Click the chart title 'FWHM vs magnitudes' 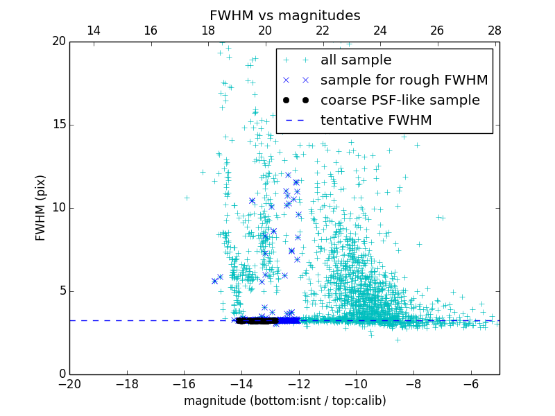click(x=284, y=15)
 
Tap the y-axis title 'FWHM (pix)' click(x=41, y=208)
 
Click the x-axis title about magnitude click(x=284, y=401)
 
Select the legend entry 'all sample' click(x=356, y=60)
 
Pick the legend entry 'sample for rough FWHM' click(x=404, y=80)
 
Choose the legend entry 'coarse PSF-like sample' click(x=400, y=101)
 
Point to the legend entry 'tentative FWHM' click(x=375, y=121)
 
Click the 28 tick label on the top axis click(x=494, y=31)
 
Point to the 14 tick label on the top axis click(x=93, y=31)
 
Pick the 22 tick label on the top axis click(x=323, y=31)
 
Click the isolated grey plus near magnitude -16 click(x=187, y=198)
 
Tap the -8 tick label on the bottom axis click(x=413, y=384)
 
